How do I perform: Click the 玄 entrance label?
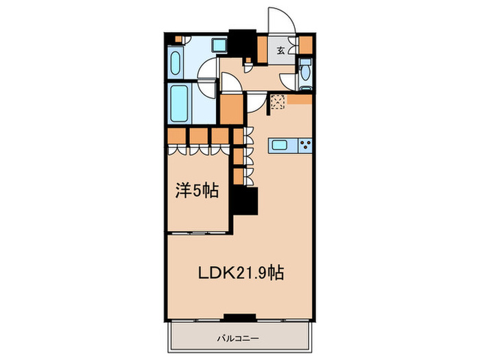coord(281,50)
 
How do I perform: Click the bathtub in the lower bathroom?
coord(181,104)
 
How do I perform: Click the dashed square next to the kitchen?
coord(277,102)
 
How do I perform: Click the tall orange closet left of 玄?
coord(261,49)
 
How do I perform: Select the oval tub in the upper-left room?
coord(174,65)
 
